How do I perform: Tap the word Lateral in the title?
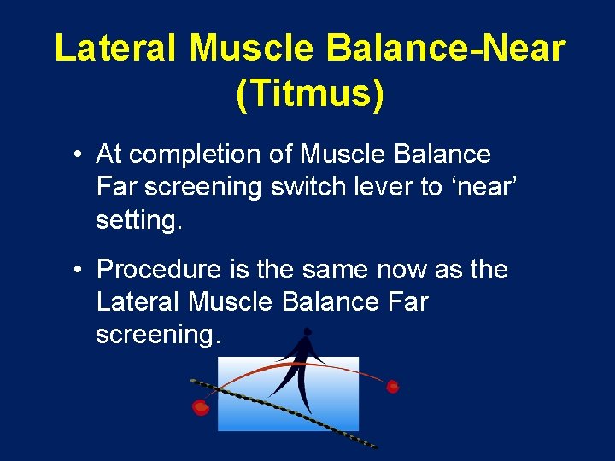(x=115, y=48)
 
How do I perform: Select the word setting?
(x=139, y=220)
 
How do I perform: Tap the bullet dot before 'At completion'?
(x=77, y=155)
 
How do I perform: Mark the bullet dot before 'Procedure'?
(x=77, y=271)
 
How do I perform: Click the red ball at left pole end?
(x=201, y=407)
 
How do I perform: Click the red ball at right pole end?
(x=393, y=386)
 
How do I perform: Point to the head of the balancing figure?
(x=307, y=331)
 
